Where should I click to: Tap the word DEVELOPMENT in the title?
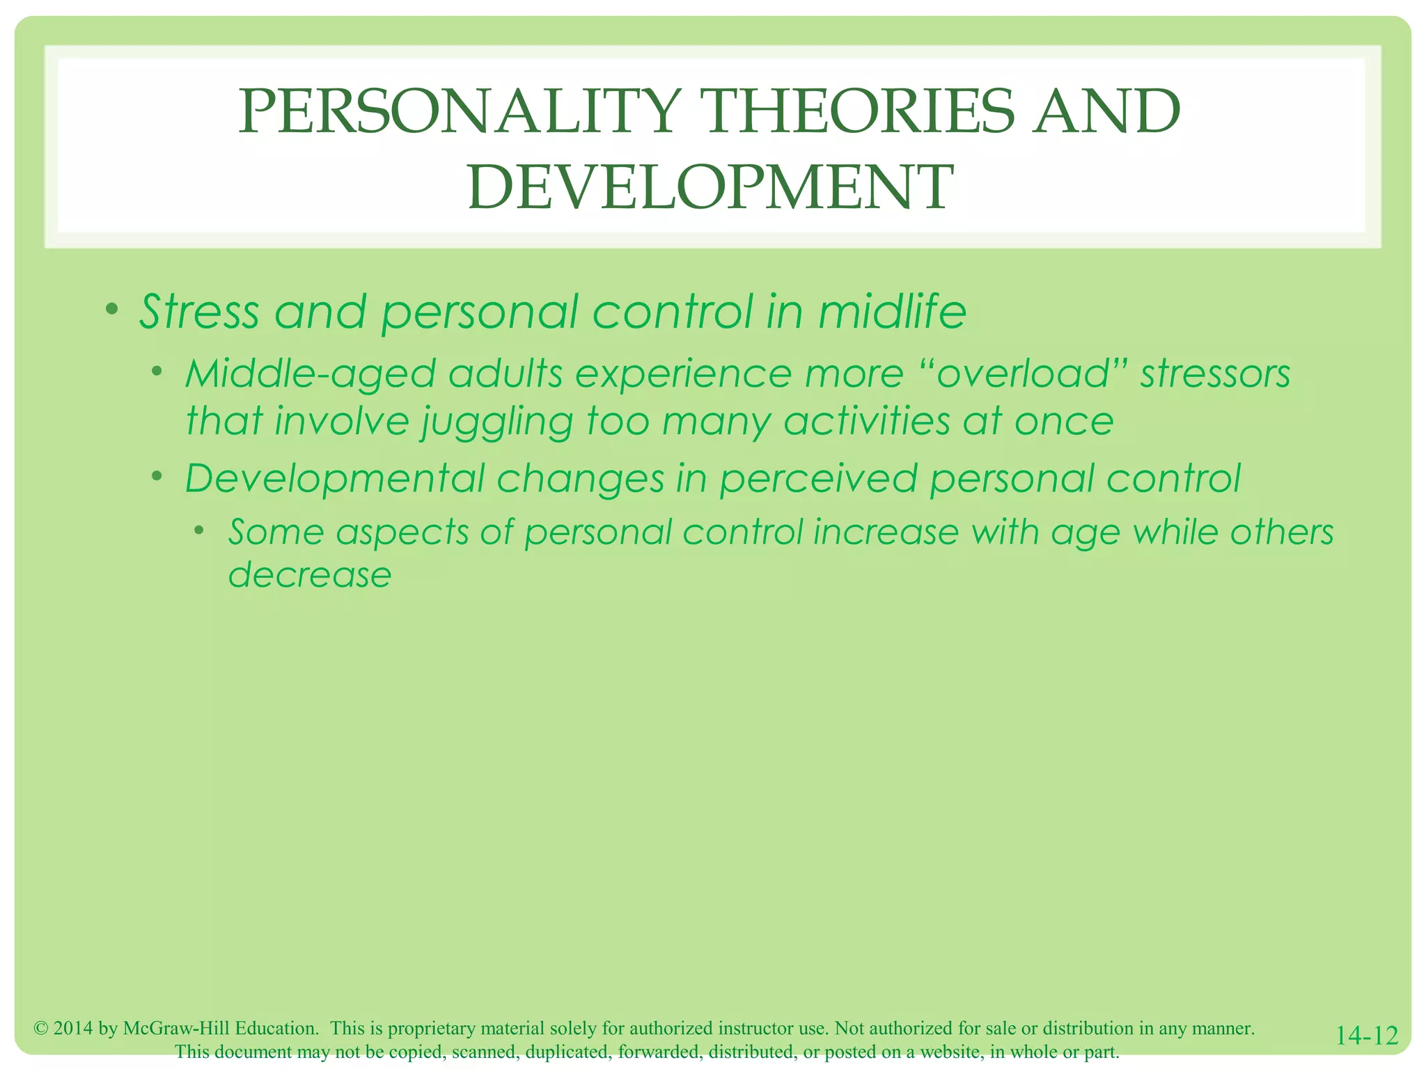click(710, 187)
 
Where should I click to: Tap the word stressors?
click(1215, 374)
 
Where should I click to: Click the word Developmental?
click(335, 479)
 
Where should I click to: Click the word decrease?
click(310, 575)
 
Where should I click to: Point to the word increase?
click(886, 532)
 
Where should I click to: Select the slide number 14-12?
click(1367, 1036)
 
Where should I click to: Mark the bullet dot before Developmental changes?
click(158, 476)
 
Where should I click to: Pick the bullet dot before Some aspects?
click(201, 530)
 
